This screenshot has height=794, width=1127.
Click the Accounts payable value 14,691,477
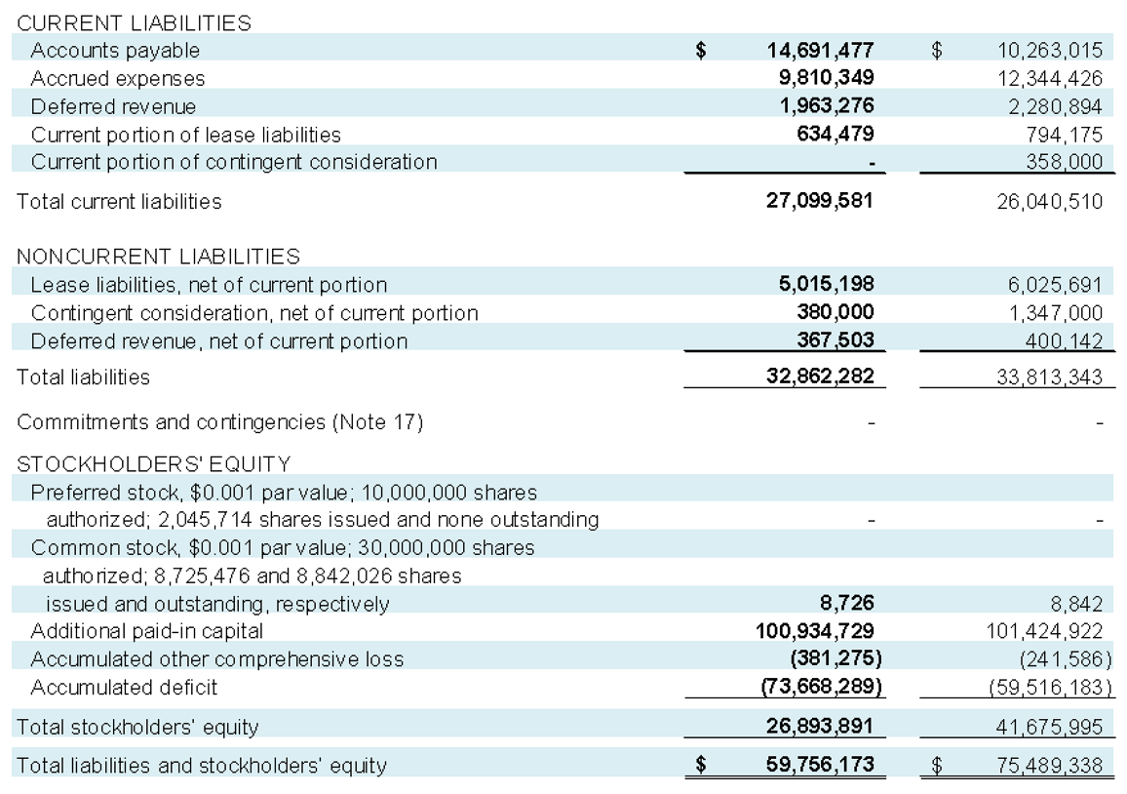click(820, 51)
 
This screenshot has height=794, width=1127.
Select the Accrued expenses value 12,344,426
click(1049, 78)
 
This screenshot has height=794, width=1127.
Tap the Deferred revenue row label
click(113, 106)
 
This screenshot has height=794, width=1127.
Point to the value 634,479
click(836, 134)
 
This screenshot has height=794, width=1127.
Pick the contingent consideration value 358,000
click(1064, 161)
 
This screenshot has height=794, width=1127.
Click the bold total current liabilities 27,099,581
click(819, 200)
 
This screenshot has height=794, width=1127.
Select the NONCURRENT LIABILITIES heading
click(158, 257)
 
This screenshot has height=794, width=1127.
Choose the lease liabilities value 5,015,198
click(827, 284)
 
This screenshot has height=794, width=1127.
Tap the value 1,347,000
click(1055, 313)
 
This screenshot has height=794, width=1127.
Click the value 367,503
click(836, 339)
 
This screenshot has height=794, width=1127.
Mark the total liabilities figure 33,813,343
click(1049, 377)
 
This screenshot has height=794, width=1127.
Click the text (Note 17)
click(377, 421)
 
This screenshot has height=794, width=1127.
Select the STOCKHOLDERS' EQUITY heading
click(154, 464)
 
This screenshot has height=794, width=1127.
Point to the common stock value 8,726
click(847, 603)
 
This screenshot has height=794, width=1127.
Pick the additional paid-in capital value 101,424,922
click(1043, 631)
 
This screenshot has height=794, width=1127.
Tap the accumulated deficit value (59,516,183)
click(1051, 688)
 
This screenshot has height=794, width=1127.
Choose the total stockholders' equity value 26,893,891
click(819, 726)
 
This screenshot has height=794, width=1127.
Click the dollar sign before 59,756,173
click(701, 765)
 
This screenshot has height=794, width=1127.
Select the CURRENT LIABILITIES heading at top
click(134, 23)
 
